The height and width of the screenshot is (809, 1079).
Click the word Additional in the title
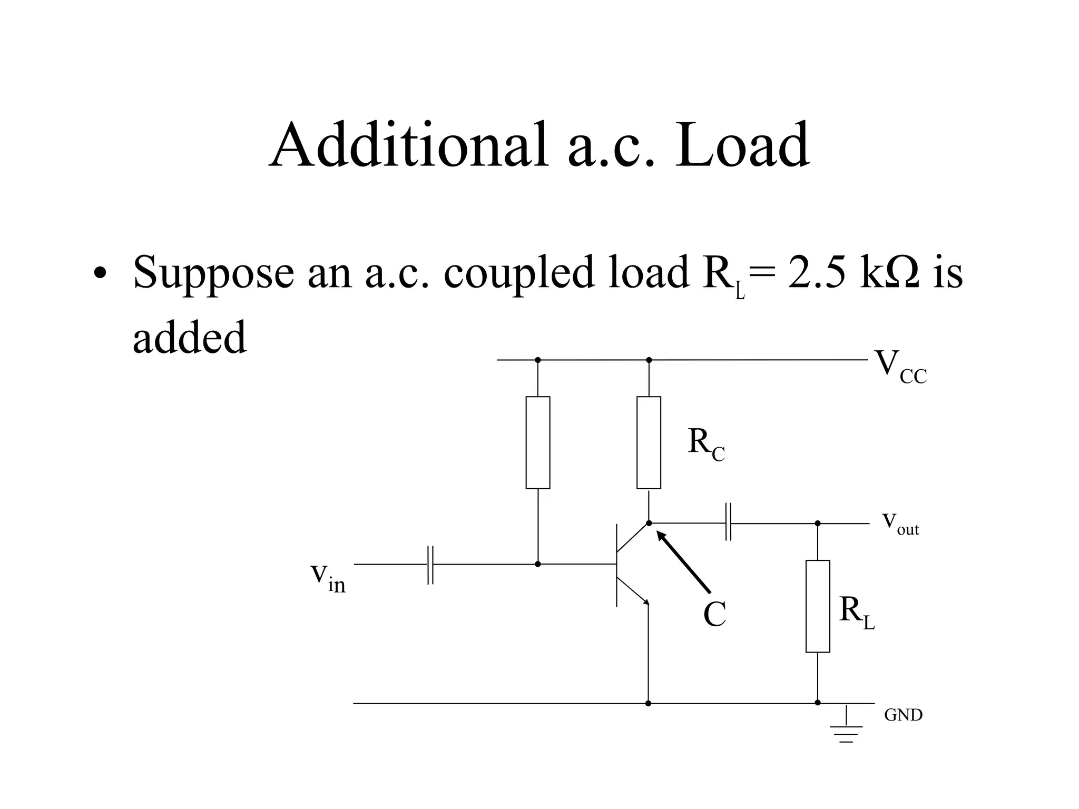point(408,145)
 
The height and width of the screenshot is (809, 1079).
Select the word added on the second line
point(189,337)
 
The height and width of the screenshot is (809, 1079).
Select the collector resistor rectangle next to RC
point(649,442)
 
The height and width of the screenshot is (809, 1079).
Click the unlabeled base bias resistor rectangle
point(537,442)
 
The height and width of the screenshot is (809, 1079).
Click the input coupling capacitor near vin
point(430,565)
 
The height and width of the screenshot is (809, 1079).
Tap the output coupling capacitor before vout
point(728,523)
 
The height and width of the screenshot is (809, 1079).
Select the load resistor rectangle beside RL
point(817,606)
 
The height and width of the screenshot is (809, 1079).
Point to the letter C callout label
point(714,614)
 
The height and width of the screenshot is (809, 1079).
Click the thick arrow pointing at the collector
point(683,561)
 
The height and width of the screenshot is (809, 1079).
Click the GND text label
point(903,715)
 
